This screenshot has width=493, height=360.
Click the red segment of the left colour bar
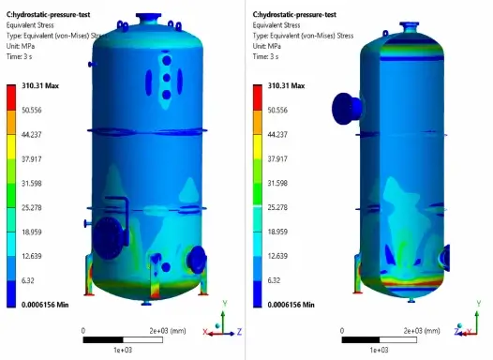tap(11, 97)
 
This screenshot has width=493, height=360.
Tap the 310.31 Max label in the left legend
tap(40, 86)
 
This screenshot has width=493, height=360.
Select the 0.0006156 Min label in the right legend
tap(291, 305)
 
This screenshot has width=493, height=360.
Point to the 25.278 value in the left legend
tap(32, 207)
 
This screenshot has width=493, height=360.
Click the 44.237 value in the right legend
tap(277, 135)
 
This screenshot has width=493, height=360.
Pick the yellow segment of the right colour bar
tap(258, 146)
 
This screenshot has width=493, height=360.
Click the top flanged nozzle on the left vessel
tap(148, 18)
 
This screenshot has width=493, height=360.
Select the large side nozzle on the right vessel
tap(347, 108)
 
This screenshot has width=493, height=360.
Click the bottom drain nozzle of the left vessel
tap(146, 303)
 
